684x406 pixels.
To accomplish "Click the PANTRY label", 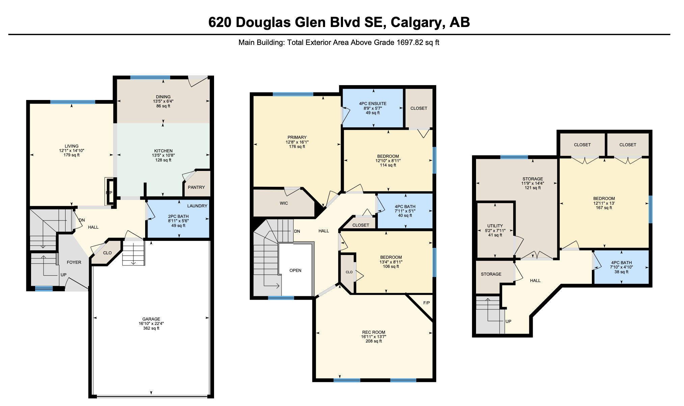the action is coord(196,187).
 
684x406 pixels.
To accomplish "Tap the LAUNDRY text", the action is coord(197,206).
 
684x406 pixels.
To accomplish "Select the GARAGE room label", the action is coord(151,319).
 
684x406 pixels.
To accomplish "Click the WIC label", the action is coord(284,203).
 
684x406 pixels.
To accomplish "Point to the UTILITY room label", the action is coord(495,226).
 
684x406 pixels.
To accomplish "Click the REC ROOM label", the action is coord(373,332).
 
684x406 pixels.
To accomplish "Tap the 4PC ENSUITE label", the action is coord(373,103).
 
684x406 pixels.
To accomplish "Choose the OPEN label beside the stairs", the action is coord(295,270).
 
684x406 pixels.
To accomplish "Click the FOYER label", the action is coord(74,262).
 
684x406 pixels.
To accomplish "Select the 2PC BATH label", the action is coord(178,216).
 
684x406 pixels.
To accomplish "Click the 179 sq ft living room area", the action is coord(72,155).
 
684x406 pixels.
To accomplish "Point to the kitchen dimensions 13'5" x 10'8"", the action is coord(163,155).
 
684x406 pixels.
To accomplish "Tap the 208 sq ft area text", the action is coord(374,341).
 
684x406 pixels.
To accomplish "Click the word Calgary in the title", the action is coord(416,22).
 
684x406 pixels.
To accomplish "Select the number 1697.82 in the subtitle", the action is coord(410,43).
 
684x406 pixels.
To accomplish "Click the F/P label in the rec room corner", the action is coord(426,303).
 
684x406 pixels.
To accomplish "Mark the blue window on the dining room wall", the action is coord(150,77).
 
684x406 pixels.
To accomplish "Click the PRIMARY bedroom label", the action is coord(297,137).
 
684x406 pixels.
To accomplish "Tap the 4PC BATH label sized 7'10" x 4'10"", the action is coord(621,262).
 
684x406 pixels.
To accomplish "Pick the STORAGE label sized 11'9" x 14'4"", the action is coord(533,179).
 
